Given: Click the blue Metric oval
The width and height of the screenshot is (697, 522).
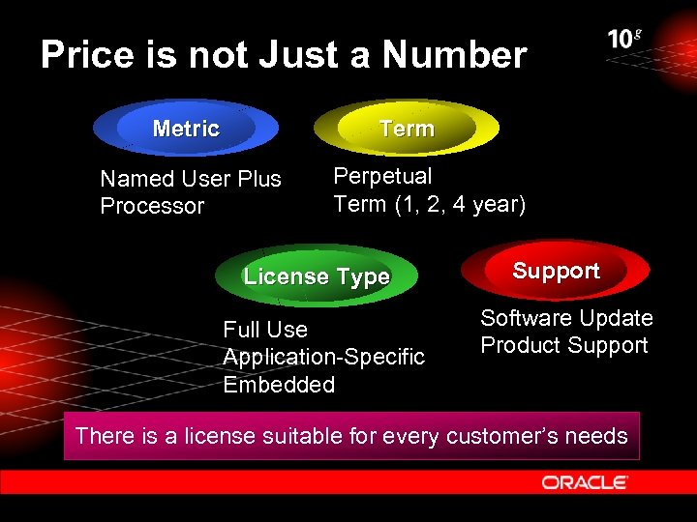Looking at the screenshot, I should pos(186,129).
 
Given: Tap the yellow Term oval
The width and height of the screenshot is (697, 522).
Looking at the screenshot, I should pos(407,129).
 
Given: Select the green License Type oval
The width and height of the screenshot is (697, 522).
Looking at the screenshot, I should pos(317,276).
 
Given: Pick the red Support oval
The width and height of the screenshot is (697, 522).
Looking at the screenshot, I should pos(556,271).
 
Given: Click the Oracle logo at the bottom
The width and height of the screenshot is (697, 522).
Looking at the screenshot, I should pos(585,481).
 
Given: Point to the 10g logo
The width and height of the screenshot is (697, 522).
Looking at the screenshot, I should pos(624,39).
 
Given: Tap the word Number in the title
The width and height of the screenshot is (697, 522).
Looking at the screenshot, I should pos(454,55).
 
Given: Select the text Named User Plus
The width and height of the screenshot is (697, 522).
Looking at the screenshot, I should pos(191,179).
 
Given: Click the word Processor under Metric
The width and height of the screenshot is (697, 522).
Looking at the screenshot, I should pos(152,206).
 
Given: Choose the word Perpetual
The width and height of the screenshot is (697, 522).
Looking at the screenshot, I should pos(382,176).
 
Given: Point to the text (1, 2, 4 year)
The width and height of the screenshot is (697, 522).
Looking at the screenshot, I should pos(460,204).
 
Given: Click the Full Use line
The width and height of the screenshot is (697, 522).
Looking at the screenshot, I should pos(264,330).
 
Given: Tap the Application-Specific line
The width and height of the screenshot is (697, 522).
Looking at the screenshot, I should pos(323,357).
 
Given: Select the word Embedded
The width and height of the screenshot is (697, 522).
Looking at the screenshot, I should pos(279,384).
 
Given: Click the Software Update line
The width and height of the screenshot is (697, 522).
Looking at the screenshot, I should pos(566,318).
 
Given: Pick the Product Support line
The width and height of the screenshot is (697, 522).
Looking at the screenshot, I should pos(563,345).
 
